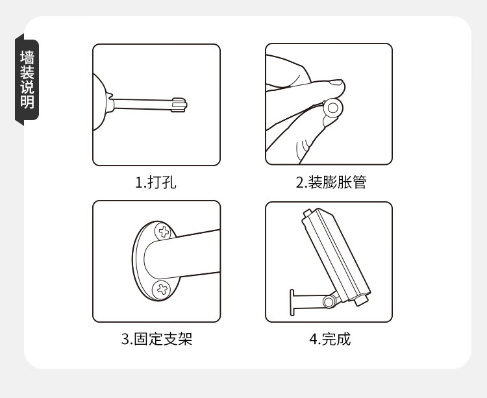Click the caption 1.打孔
point(156,182)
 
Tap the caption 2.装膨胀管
point(331,182)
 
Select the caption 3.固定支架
point(157,339)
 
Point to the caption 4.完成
point(330,339)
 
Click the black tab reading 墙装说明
point(27,79)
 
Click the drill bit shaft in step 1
point(142,104)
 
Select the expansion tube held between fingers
point(333,108)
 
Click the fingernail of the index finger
point(336,82)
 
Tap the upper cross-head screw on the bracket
point(164,231)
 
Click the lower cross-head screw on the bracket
point(162,290)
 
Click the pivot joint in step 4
point(329,301)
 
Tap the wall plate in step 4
point(292,303)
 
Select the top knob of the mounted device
point(307,213)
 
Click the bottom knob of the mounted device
point(361,301)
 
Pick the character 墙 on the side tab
point(27,57)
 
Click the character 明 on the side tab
point(27,101)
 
